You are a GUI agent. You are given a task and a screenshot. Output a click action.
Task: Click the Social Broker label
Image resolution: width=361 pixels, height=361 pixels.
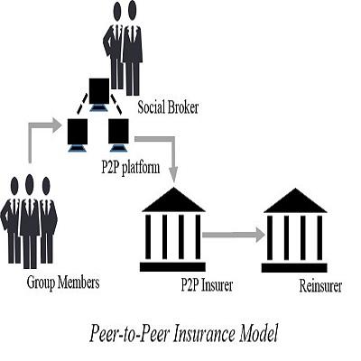pyautogui.click(x=168, y=107)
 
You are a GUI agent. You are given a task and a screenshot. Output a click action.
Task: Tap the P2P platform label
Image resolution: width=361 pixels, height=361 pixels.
pyautogui.click(x=130, y=167)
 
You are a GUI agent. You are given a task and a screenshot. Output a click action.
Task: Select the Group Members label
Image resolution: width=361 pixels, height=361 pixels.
pyautogui.click(x=63, y=282)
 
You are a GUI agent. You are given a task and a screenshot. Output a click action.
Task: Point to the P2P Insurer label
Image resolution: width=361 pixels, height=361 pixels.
pyautogui.click(x=207, y=284)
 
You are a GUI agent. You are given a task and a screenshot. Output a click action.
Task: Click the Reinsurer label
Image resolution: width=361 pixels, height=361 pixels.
pyautogui.click(x=320, y=285)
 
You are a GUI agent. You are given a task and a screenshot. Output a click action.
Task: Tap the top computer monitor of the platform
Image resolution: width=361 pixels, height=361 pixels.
pyautogui.click(x=99, y=95)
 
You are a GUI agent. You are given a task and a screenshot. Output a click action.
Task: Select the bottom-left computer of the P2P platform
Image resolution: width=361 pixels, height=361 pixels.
pyautogui.click(x=78, y=135)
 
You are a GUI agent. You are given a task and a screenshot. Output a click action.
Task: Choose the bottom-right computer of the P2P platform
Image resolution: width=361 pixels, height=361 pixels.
pyautogui.click(x=118, y=135)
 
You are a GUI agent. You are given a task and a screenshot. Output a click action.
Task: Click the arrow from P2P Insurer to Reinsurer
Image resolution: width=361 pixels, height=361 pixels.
pyautogui.click(x=234, y=235)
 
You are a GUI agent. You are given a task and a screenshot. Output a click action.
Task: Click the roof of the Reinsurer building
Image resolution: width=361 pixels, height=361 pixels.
pyautogui.click(x=295, y=200)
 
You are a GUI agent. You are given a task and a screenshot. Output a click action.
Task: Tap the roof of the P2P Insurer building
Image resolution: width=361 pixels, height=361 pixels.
pyautogui.click(x=173, y=199)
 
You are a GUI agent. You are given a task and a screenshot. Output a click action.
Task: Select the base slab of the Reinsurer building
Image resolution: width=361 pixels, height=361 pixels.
pyautogui.click(x=294, y=268)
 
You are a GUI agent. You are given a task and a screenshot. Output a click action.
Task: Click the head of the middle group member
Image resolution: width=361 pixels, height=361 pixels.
pyautogui.click(x=29, y=184)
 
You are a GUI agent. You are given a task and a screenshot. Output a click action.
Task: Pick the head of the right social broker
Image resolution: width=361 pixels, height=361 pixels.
pyautogui.click(x=132, y=11)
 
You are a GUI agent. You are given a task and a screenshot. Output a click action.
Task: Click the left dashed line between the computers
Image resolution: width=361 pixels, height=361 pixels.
pyautogui.click(x=82, y=105)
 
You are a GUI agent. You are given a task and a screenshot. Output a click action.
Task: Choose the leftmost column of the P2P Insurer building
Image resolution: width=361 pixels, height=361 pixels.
pyautogui.click(x=148, y=236)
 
